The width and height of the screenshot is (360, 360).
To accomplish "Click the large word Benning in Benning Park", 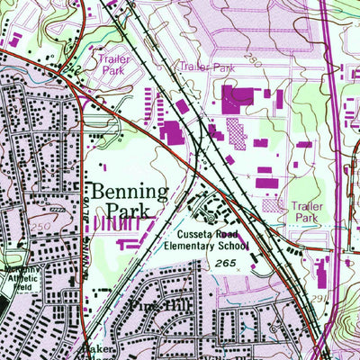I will pos(128,192).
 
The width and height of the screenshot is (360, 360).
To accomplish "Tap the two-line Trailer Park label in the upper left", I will pos(113,62).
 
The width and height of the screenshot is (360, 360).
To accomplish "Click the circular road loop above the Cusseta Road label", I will pos(213,209).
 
